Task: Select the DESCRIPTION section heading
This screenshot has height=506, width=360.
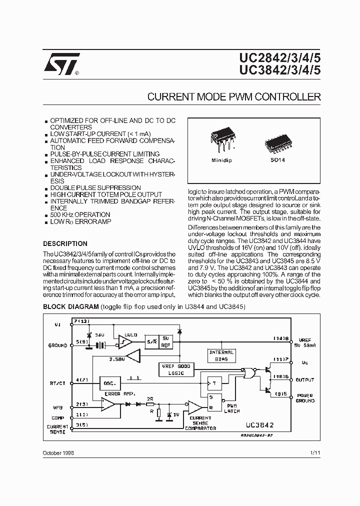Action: (65, 243)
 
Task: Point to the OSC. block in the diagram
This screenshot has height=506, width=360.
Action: (110, 384)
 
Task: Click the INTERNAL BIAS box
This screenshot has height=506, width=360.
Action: (220, 355)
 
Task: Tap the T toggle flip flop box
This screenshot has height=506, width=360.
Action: (214, 383)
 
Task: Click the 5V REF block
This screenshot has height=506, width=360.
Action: (166, 341)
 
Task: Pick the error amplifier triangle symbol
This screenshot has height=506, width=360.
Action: (107, 403)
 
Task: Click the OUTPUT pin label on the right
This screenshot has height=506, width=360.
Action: (304, 380)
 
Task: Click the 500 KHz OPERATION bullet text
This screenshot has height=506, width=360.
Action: (80, 214)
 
